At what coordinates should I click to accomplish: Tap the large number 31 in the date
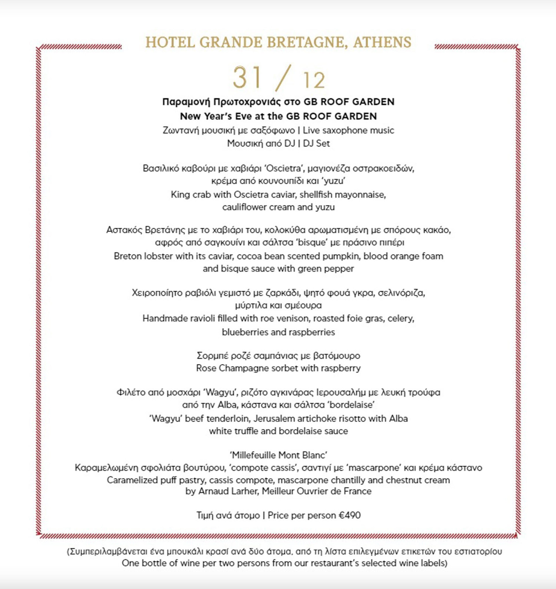[248, 77]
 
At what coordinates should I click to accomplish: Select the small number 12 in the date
[314, 80]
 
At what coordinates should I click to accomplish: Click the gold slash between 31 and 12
[281, 78]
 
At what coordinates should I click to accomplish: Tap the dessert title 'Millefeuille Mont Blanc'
[278, 455]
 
